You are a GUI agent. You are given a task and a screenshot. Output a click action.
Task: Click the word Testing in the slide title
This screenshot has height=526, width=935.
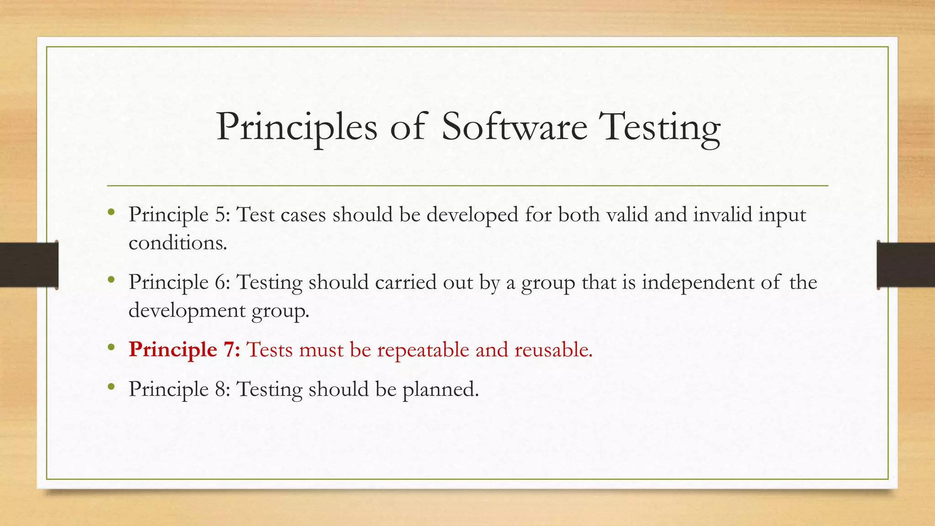[x=661, y=128]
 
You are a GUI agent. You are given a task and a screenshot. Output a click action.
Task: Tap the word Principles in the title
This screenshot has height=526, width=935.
[x=297, y=128]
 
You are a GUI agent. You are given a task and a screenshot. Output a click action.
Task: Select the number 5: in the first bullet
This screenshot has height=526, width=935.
[x=222, y=215]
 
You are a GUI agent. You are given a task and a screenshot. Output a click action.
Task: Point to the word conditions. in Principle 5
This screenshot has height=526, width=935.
[x=178, y=242]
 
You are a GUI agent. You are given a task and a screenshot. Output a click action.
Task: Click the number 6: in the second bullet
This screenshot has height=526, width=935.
[x=222, y=282]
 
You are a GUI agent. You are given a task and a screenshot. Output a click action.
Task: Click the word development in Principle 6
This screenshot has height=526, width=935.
[x=187, y=310]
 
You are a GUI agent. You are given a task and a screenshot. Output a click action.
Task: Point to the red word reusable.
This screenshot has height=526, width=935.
[x=553, y=350]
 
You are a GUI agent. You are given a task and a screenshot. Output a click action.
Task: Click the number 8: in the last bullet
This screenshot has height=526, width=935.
[x=222, y=389]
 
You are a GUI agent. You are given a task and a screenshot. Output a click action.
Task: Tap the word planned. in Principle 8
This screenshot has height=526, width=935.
[x=440, y=389]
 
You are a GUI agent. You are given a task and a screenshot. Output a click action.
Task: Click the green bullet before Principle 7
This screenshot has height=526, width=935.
[x=111, y=348]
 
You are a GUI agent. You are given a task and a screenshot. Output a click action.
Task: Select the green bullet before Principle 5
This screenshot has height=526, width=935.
[x=111, y=212]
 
